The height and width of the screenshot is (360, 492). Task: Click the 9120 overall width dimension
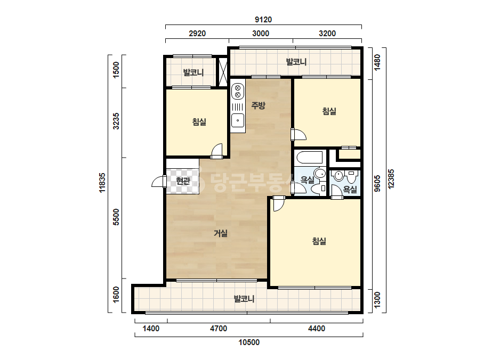point(263,20)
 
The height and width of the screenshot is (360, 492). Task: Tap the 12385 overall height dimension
point(391,179)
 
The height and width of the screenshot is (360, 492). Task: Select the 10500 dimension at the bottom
point(249,342)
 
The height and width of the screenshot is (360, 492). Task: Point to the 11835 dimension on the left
point(102,183)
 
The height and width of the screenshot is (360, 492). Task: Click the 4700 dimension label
point(219,329)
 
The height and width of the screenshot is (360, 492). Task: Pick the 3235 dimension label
point(116,121)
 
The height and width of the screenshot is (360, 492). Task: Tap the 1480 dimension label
point(377,62)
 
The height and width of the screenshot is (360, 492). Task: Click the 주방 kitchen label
point(258,105)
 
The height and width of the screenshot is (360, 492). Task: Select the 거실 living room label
point(221,233)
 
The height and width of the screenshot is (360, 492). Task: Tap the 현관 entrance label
point(183,181)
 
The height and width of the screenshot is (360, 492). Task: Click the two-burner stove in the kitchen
point(238,91)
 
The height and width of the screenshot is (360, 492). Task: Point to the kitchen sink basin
point(238,120)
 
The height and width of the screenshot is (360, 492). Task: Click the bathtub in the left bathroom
point(310,158)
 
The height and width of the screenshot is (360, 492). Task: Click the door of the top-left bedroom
point(217,151)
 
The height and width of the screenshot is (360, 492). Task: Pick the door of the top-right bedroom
point(299,135)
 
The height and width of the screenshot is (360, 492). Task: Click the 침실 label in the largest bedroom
point(319,241)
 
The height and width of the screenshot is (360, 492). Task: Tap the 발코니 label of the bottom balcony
point(244,299)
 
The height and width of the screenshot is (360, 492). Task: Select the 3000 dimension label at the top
point(261,33)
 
